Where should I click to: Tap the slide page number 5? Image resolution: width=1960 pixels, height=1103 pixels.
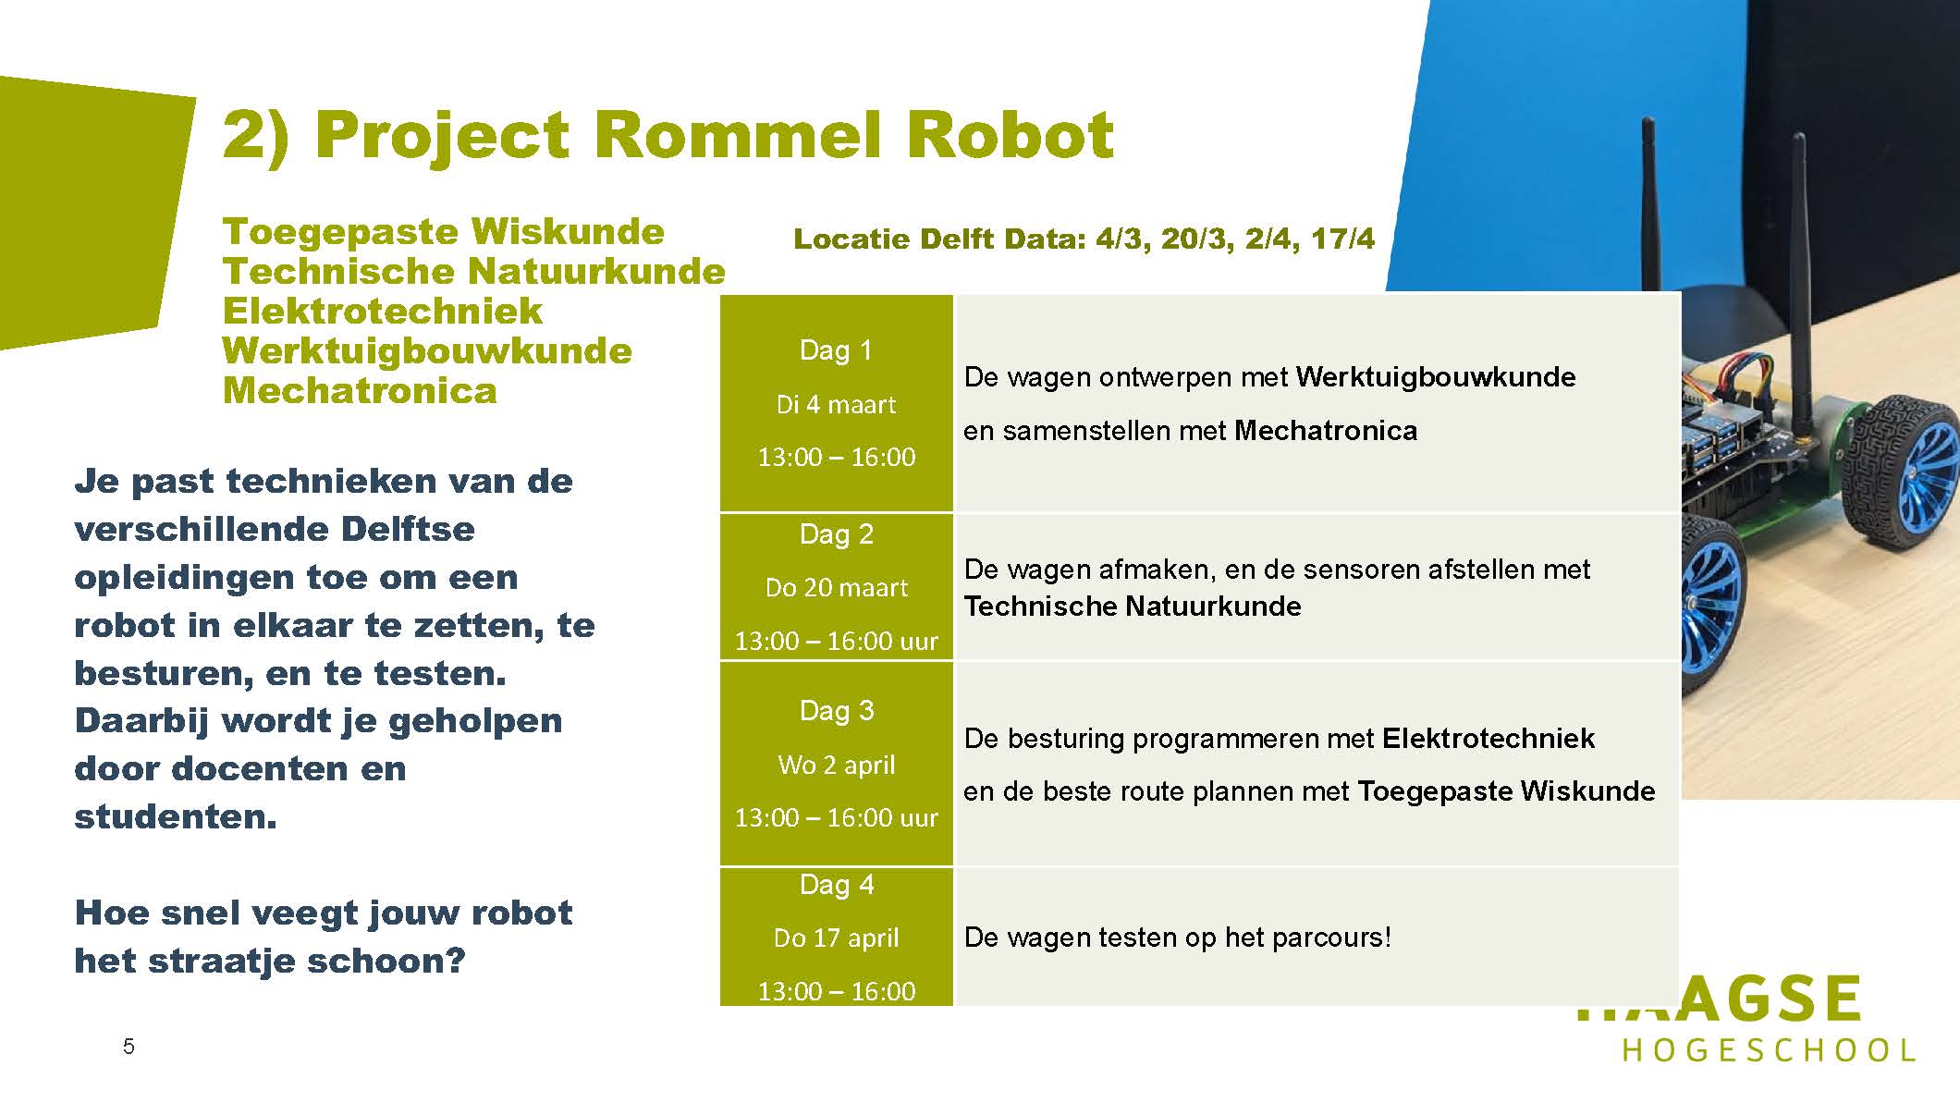129,1047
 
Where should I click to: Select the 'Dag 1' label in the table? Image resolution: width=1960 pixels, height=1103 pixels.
836,350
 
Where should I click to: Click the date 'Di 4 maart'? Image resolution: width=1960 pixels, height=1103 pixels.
836,404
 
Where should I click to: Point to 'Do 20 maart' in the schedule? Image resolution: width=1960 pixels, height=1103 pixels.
836,587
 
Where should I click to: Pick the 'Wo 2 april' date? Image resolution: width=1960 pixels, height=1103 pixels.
836,765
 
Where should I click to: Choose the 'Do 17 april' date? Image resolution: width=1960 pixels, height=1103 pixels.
836,938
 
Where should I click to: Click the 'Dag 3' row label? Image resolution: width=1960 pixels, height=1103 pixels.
836,710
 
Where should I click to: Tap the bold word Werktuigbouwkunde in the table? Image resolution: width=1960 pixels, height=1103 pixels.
1436,377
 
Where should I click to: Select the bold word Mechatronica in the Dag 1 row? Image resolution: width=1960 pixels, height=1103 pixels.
1326,430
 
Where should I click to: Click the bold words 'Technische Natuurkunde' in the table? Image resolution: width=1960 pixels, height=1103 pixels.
1133,606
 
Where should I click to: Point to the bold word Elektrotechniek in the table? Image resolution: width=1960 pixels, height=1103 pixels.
1488,738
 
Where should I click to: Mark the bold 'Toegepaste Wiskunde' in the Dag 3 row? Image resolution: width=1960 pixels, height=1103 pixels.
1506,790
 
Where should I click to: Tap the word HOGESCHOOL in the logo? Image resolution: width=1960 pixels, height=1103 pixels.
1769,1050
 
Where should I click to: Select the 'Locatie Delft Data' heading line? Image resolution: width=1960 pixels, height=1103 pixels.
1084,239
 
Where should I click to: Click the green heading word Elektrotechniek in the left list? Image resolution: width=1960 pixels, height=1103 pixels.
382,311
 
